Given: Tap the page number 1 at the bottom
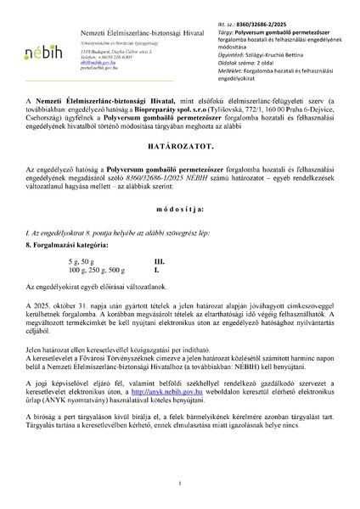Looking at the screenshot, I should click(x=180, y=484).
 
